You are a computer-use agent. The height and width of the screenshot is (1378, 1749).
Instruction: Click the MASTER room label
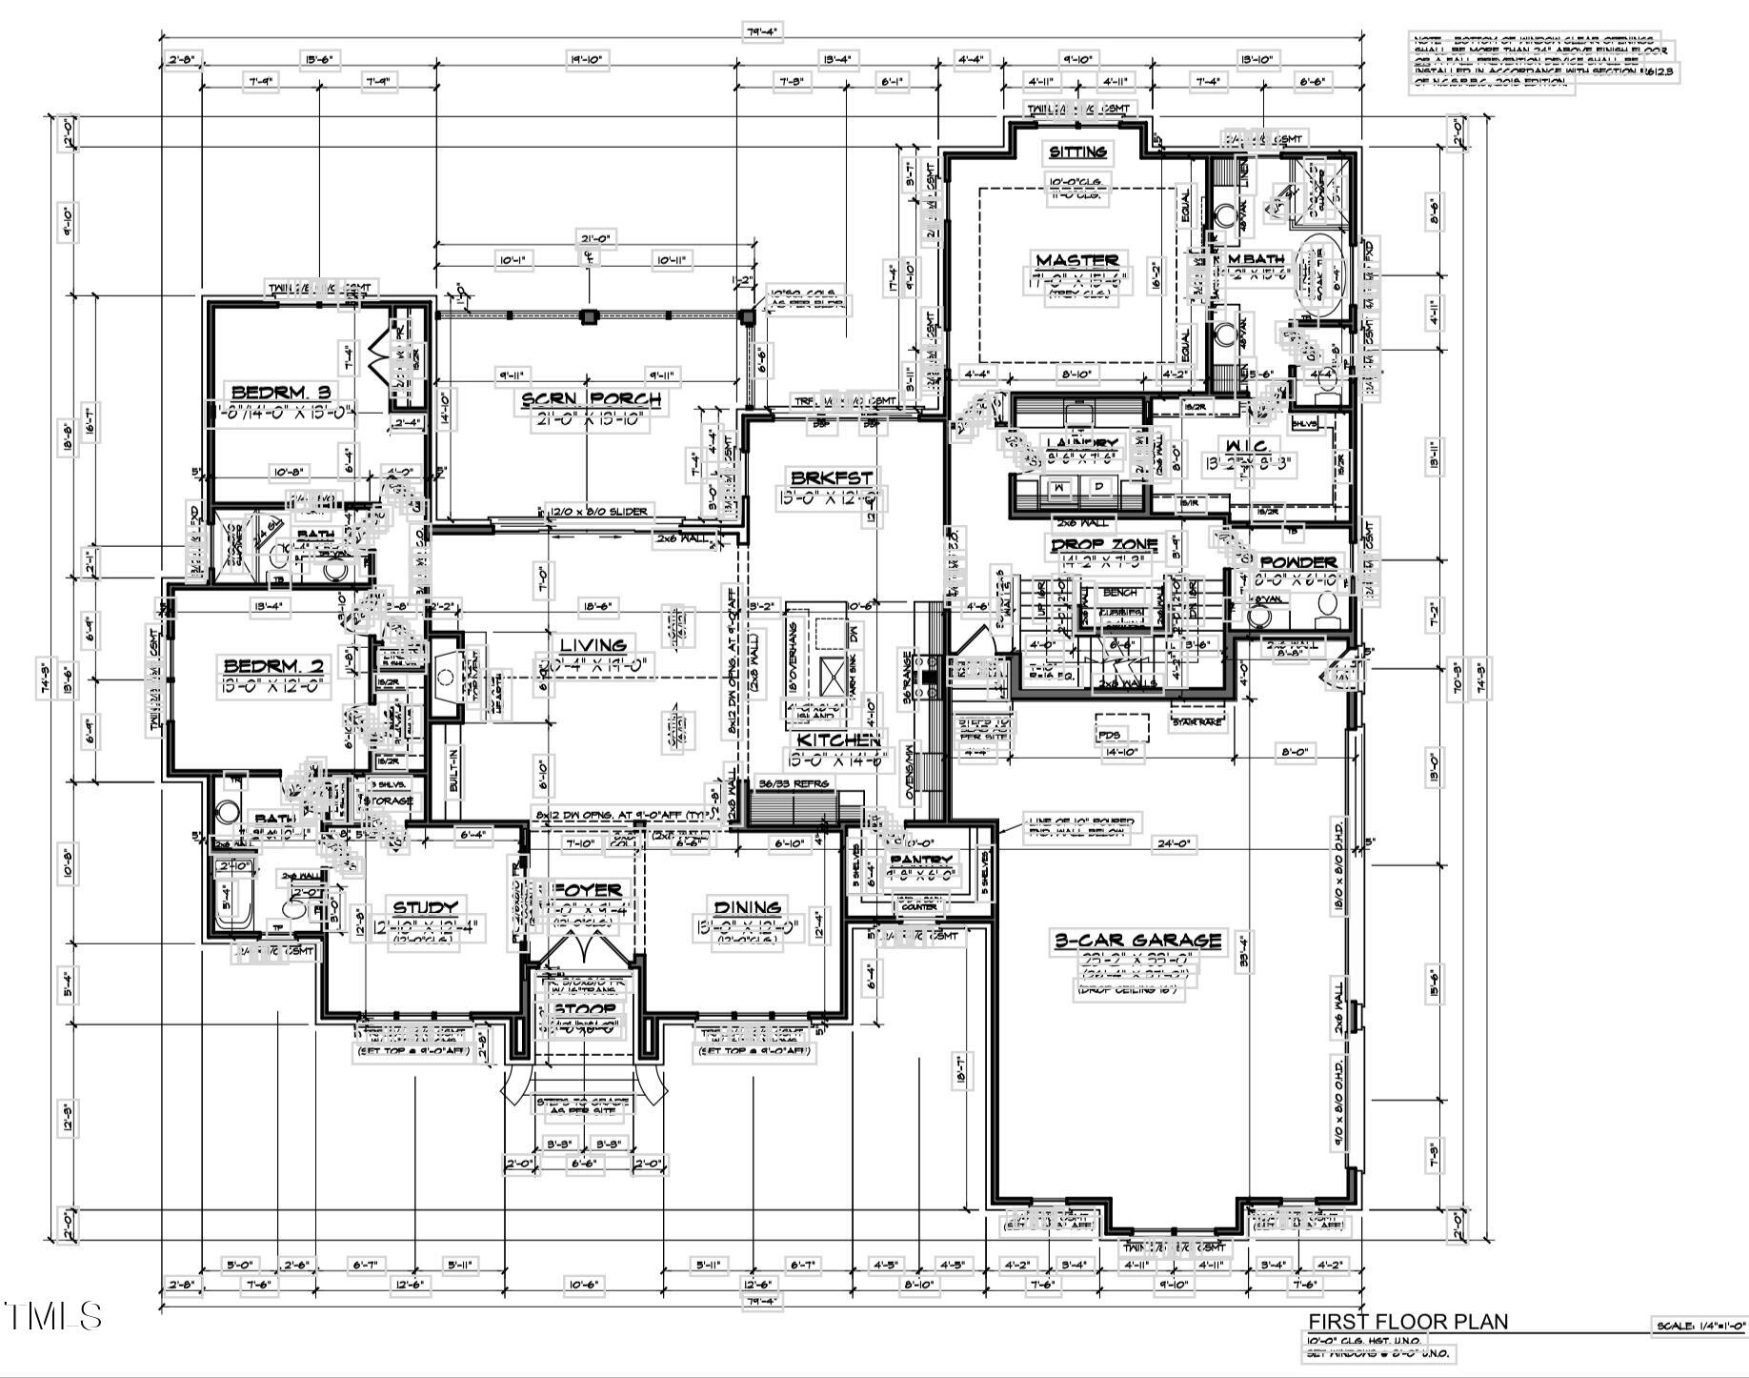(x=1076, y=260)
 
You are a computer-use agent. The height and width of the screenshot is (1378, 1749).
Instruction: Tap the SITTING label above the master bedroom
(x=1077, y=152)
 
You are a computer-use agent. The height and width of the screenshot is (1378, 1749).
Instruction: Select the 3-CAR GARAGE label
(x=1137, y=941)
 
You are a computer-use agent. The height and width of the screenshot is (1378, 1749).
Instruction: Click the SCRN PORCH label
(x=590, y=399)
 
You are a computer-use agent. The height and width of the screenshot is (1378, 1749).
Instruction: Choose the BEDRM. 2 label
(x=273, y=665)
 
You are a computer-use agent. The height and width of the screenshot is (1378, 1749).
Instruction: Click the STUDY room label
(x=425, y=907)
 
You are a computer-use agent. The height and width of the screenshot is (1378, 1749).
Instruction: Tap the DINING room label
(x=748, y=907)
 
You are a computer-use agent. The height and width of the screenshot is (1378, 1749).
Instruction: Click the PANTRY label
(x=920, y=861)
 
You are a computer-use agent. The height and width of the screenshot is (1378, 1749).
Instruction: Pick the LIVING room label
(x=593, y=645)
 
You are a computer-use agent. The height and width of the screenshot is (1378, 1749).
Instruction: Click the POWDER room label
(x=1297, y=562)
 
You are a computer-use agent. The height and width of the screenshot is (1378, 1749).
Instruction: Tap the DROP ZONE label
(x=1104, y=545)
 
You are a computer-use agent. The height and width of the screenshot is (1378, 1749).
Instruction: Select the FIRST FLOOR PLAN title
(x=1407, y=1322)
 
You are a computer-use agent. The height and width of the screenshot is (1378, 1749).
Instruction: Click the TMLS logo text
(x=53, y=1316)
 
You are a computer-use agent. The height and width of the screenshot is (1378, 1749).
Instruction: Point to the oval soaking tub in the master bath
(x=1320, y=269)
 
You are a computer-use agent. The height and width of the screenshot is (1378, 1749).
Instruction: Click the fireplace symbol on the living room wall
(x=446, y=678)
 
